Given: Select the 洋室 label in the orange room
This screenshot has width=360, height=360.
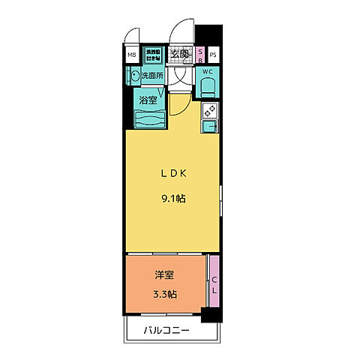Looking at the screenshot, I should point(165,274).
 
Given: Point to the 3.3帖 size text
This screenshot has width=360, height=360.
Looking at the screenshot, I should point(165,293).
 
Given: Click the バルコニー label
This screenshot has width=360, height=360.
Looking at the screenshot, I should point(167,331).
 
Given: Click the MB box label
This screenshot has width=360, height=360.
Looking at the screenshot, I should point(131,55).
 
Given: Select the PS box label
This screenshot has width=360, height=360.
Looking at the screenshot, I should point(213,55).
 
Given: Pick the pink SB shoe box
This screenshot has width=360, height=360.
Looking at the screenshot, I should point(201,55).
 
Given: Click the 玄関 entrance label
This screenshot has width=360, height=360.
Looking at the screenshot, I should point(179,54).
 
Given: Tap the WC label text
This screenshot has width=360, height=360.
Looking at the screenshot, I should point(208,72).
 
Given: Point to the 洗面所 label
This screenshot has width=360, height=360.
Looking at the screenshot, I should point(154,75).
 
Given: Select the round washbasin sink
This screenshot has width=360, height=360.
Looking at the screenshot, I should point(135,75).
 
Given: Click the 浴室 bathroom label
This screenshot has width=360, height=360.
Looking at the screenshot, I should point(147,99).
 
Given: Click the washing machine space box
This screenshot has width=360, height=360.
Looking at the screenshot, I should point(153,54).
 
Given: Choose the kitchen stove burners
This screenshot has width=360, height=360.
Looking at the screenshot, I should point(210,112).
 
